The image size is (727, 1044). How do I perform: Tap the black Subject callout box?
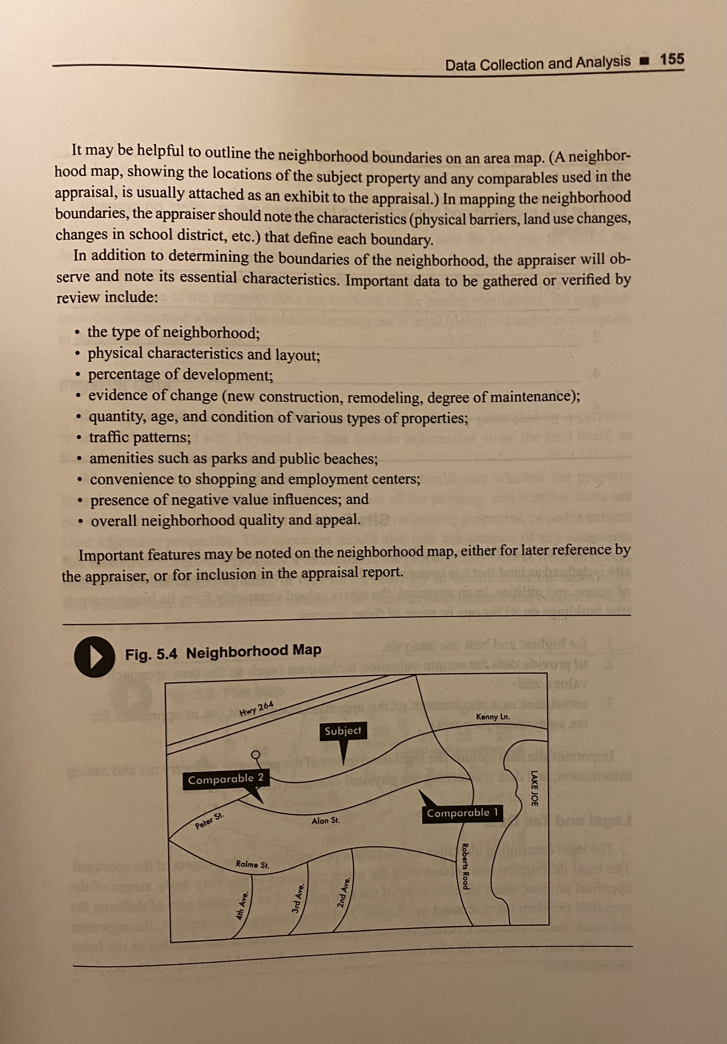click(x=343, y=731)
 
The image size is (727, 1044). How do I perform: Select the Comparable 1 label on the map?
click(x=463, y=813)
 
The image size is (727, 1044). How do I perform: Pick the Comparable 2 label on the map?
click(x=226, y=779)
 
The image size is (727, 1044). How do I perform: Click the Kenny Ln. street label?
click(x=493, y=717)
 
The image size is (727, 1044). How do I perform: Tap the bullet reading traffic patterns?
click(x=140, y=437)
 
